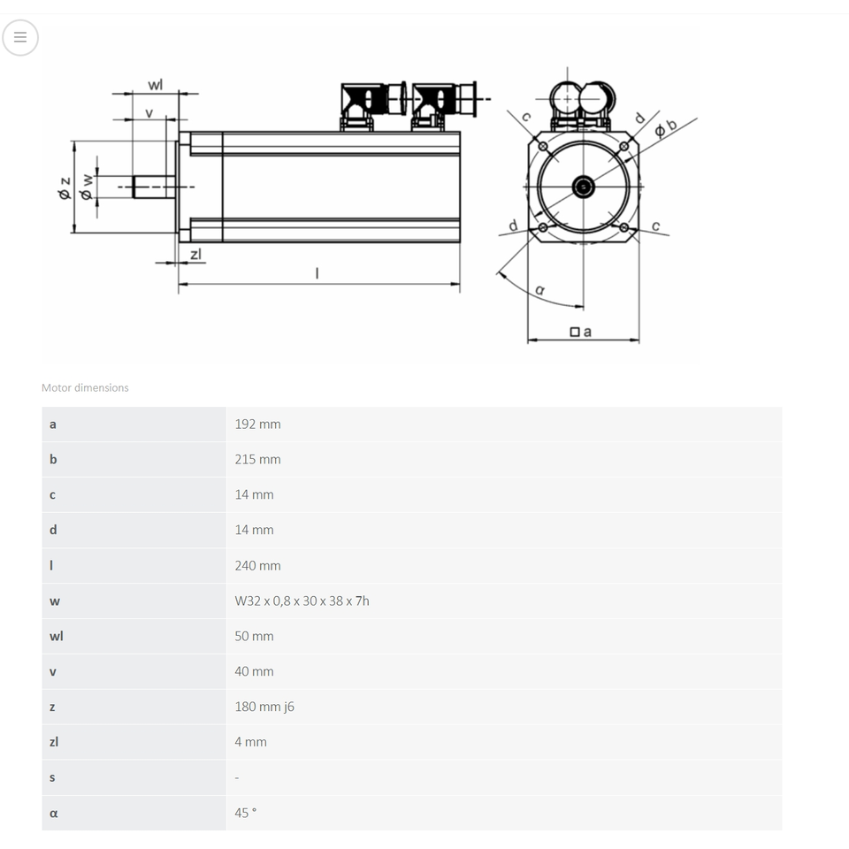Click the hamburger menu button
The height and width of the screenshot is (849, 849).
[20, 37]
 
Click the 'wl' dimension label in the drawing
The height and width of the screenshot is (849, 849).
[156, 85]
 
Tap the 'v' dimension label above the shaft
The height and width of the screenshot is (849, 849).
[149, 113]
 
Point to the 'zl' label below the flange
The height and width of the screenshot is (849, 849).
[196, 254]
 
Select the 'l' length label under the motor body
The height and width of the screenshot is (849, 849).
[317, 273]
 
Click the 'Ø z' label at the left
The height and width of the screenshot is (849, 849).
[65, 187]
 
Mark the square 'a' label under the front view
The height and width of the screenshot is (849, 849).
[580, 332]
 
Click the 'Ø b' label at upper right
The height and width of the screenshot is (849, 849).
[665, 127]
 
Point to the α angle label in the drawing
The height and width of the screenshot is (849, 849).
[539, 290]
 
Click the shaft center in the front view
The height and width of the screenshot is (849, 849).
[583, 187]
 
